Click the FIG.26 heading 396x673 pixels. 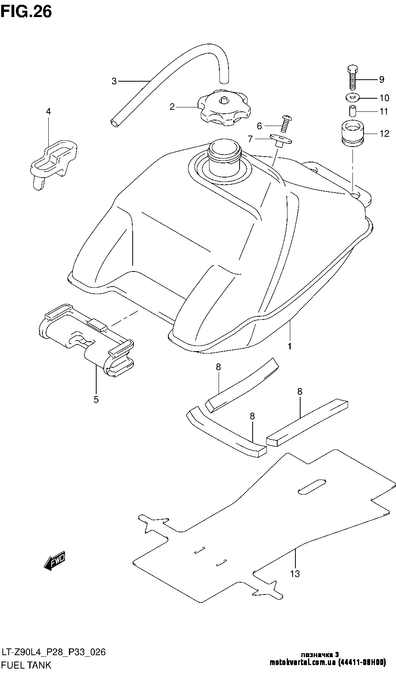26,11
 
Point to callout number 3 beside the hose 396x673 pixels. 114,82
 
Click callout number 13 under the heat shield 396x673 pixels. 295,574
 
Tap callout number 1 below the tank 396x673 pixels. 290,346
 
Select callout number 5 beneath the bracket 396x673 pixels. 96,400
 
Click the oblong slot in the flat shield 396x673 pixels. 312,486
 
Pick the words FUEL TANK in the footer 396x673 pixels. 27,665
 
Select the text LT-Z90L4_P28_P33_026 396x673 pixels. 53,652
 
